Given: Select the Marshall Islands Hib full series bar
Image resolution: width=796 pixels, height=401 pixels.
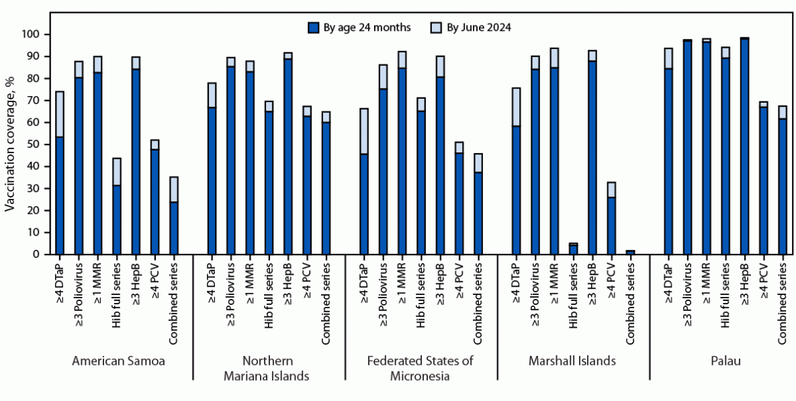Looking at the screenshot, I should [x=573, y=249].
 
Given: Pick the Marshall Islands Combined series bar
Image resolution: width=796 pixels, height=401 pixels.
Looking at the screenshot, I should [x=630, y=252].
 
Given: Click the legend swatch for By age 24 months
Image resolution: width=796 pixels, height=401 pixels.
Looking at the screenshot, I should [x=312, y=28].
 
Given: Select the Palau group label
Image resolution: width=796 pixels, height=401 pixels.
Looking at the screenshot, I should [x=725, y=361].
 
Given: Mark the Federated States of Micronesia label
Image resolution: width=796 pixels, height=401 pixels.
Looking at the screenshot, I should [x=421, y=368].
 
